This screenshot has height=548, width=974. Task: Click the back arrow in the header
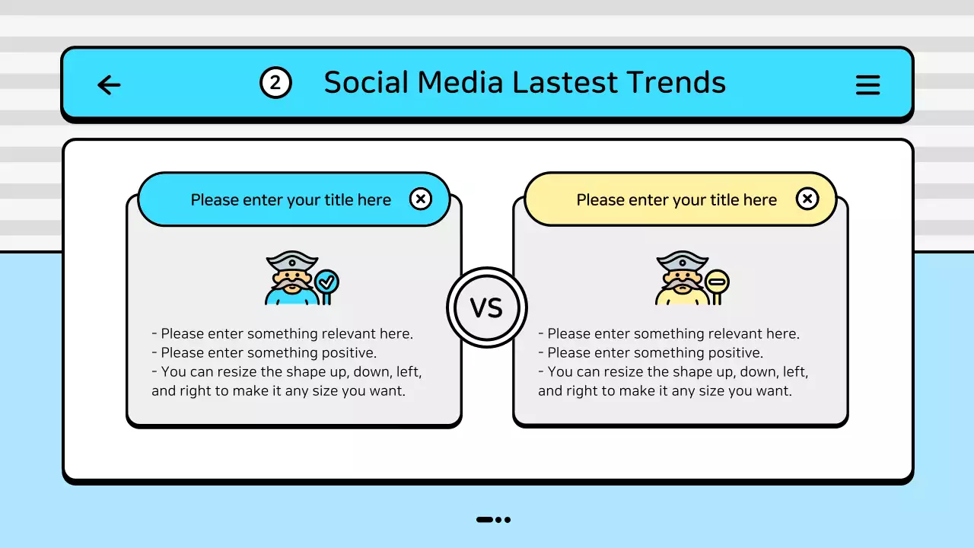point(110,84)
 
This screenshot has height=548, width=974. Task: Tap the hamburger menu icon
point(867,84)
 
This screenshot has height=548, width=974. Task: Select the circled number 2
point(275,83)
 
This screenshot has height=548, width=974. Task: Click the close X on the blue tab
point(420,199)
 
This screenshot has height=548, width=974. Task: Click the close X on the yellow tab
point(807,199)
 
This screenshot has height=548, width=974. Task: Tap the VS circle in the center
point(486,308)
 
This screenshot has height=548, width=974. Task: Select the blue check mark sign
point(326,282)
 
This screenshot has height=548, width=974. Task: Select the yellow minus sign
point(717,282)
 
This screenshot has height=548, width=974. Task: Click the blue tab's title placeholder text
point(291,200)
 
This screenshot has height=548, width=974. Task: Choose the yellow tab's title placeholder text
point(676,200)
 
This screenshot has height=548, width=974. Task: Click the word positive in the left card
point(351,353)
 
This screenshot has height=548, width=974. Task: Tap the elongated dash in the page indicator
point(485,520)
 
